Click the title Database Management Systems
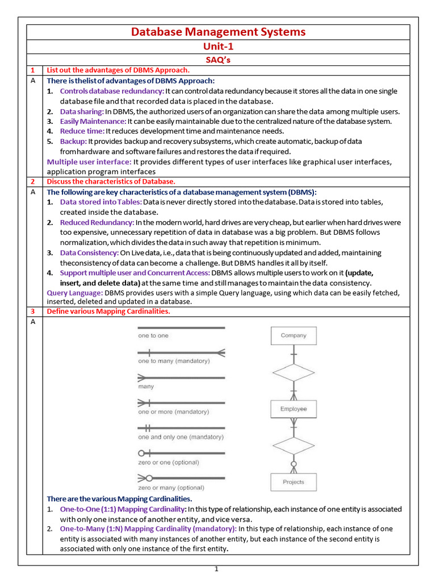pyautogui.click(x=218, y=32)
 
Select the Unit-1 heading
pyautogui.click(x=218, y=47)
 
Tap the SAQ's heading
pyautogui.click(x=218, y=59)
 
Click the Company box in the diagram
pyautogui.click(x=293, y=336)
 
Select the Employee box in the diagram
pyautogui.click(x=293, y=409)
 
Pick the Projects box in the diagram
pyautogui.click(x=293, y=482)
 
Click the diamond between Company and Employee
pyautogui.click(x=293, y=373)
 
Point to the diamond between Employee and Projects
pyautogui.click(x=293, y=445)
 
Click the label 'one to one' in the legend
pyautogui.click(x=153, y=336)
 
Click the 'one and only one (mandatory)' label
pyautogui.click(x=181, y=437)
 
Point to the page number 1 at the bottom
pyautogui.click(x=216, y=569)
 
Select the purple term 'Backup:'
pyautogui.click(x=73, y=141)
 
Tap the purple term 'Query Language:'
pyautogui.click(x=75, y=293)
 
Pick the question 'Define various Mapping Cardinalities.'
pyautogui.click(x=108, y=311)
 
